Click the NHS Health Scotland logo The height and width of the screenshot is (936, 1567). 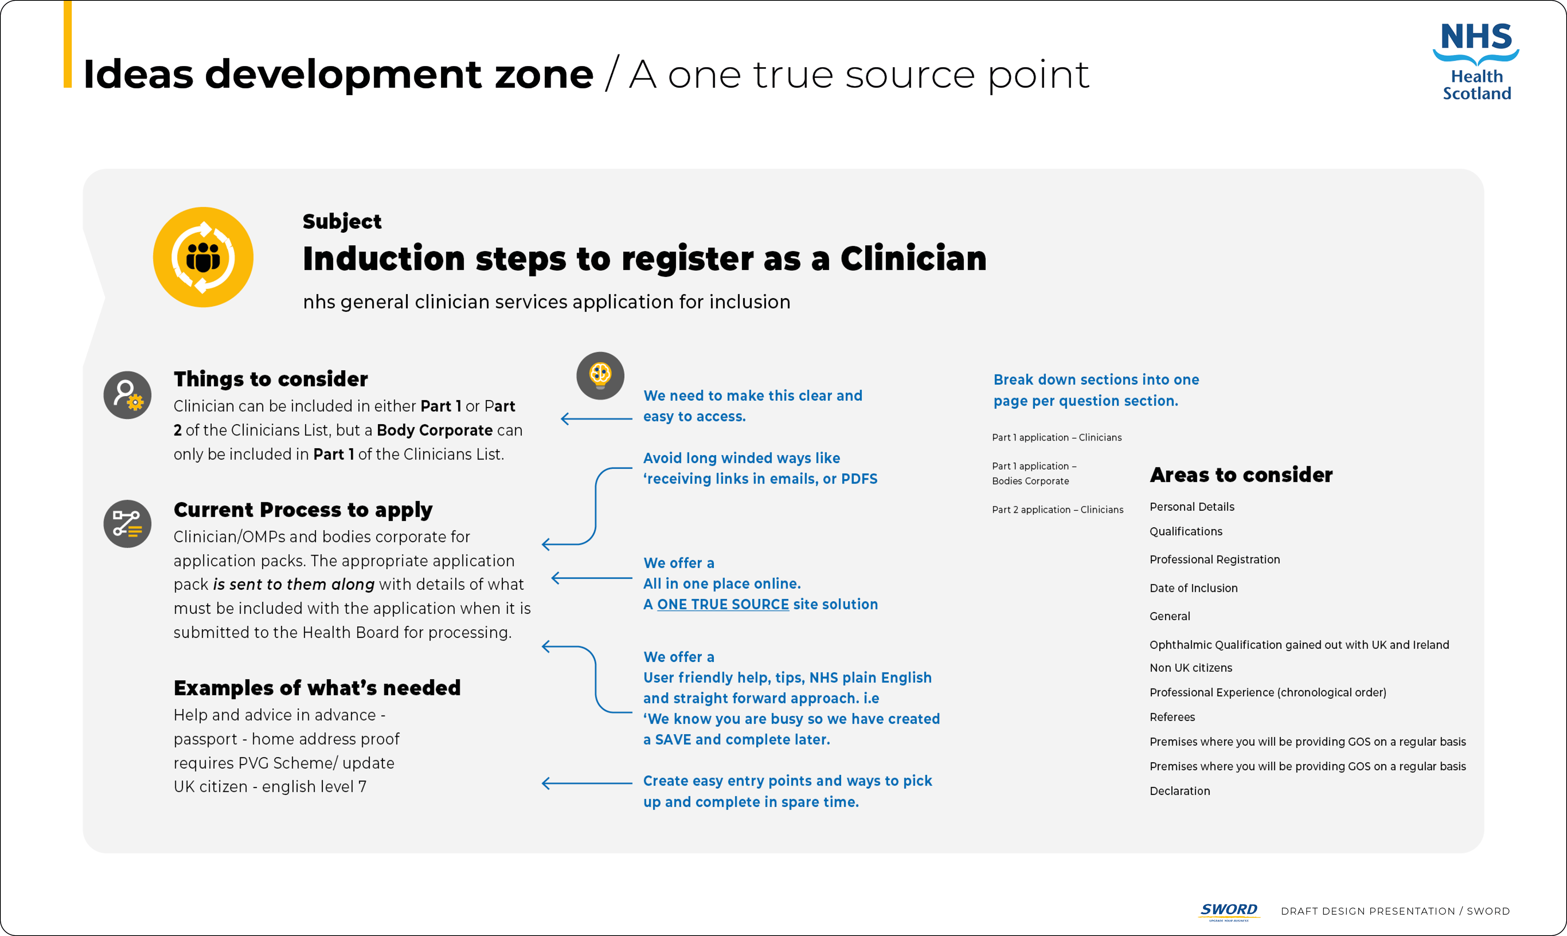pos(1476,61)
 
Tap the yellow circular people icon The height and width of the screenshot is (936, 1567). pos(203,257)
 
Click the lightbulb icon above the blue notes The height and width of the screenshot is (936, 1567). pos(600,375)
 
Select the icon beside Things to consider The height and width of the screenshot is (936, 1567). pos(127,395)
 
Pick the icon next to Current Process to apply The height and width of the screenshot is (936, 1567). pos(127,524)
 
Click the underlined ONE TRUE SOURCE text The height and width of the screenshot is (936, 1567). pos(723,604)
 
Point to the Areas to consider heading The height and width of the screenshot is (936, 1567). pos(1241,474)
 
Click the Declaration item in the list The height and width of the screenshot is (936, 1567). pos(1179,791)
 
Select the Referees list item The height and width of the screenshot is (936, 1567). pos(1172,717)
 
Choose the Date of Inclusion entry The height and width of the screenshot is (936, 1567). pos(1193,588)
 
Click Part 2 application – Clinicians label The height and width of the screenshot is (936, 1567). pos(1057,510)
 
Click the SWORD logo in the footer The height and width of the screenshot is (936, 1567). pos(1228,910)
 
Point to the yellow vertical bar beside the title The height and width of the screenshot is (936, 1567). pos(67,44)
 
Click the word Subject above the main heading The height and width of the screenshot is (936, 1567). pos(342,221)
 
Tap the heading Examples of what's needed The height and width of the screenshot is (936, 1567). pos(317,688)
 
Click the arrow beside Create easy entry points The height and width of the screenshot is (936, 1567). pos(586,783)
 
